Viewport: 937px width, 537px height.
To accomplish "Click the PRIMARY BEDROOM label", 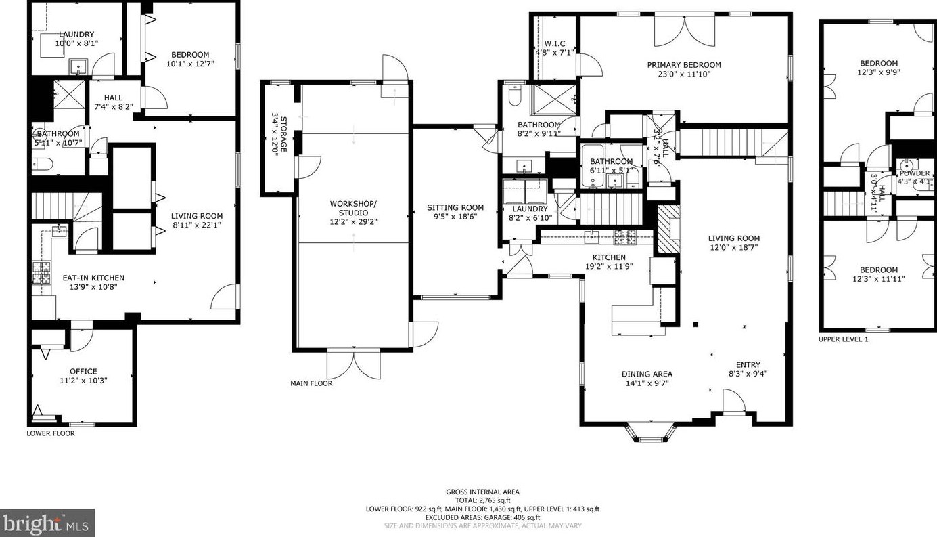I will pos(684,65).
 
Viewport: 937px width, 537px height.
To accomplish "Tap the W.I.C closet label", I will pos(554,43).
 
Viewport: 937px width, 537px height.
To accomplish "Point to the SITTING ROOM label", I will pos(455,208).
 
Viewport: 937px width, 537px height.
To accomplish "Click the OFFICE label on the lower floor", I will pos(83,371).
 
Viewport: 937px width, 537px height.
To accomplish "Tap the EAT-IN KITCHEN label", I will pos(93,278).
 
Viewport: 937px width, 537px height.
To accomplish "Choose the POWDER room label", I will pos(914,173).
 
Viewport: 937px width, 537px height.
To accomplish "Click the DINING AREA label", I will pos(647,374).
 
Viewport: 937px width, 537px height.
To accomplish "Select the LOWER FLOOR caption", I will pos(51,433).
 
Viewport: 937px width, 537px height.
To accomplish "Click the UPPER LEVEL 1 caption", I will pos(843,339).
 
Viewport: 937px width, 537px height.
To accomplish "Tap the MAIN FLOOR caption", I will pos(311,383).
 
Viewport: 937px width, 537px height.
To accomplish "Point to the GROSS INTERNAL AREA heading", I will pos(482,492).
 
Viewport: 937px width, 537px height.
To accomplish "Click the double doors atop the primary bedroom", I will pos(684,28).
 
